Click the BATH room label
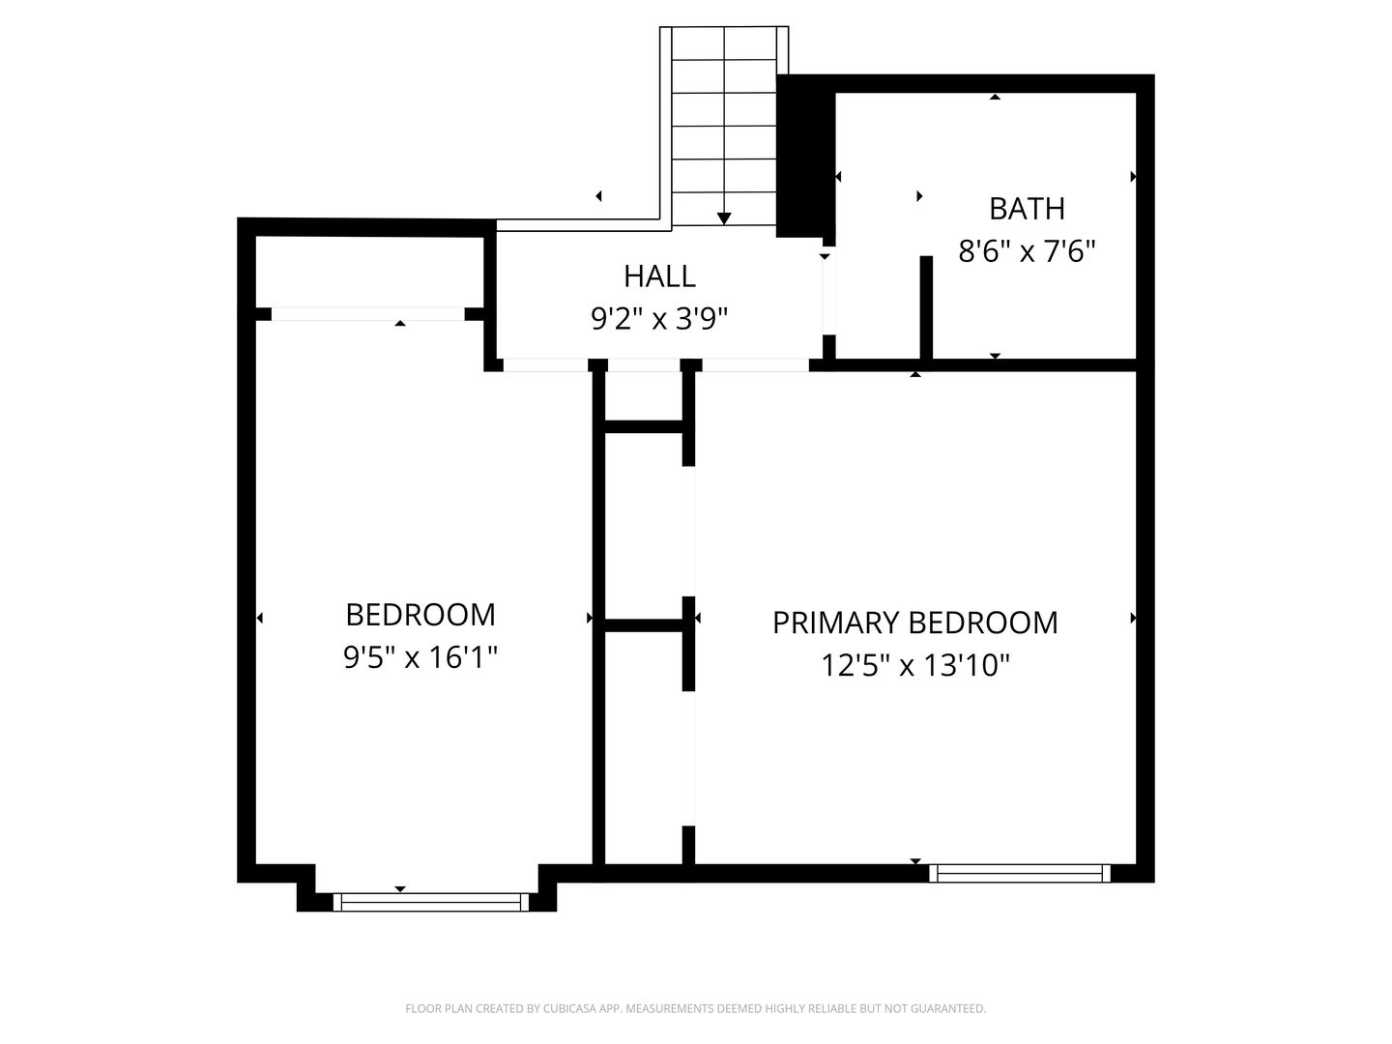[1027, 209]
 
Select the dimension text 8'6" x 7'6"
[1027, 252]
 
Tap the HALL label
[659, 276]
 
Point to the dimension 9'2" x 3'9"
[659, 319]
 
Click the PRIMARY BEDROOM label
[914, 623]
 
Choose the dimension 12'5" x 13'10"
[914, 666]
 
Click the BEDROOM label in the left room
[420, 615]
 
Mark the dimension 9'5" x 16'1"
[420, 658]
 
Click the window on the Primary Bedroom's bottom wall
[1020, 873]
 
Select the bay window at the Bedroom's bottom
[431, 902]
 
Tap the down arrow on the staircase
[724, 218]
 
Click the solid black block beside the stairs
[804, 159]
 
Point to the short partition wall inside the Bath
[926, 307]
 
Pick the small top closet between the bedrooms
[644, 395]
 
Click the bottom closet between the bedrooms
[644, 744]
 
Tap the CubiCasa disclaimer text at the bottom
[695, 1009]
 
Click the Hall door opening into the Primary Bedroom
[755, 365]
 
